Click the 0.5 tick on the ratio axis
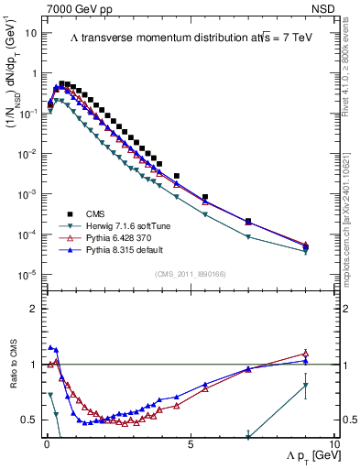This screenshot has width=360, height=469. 31,420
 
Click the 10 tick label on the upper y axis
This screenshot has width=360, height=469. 31,33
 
